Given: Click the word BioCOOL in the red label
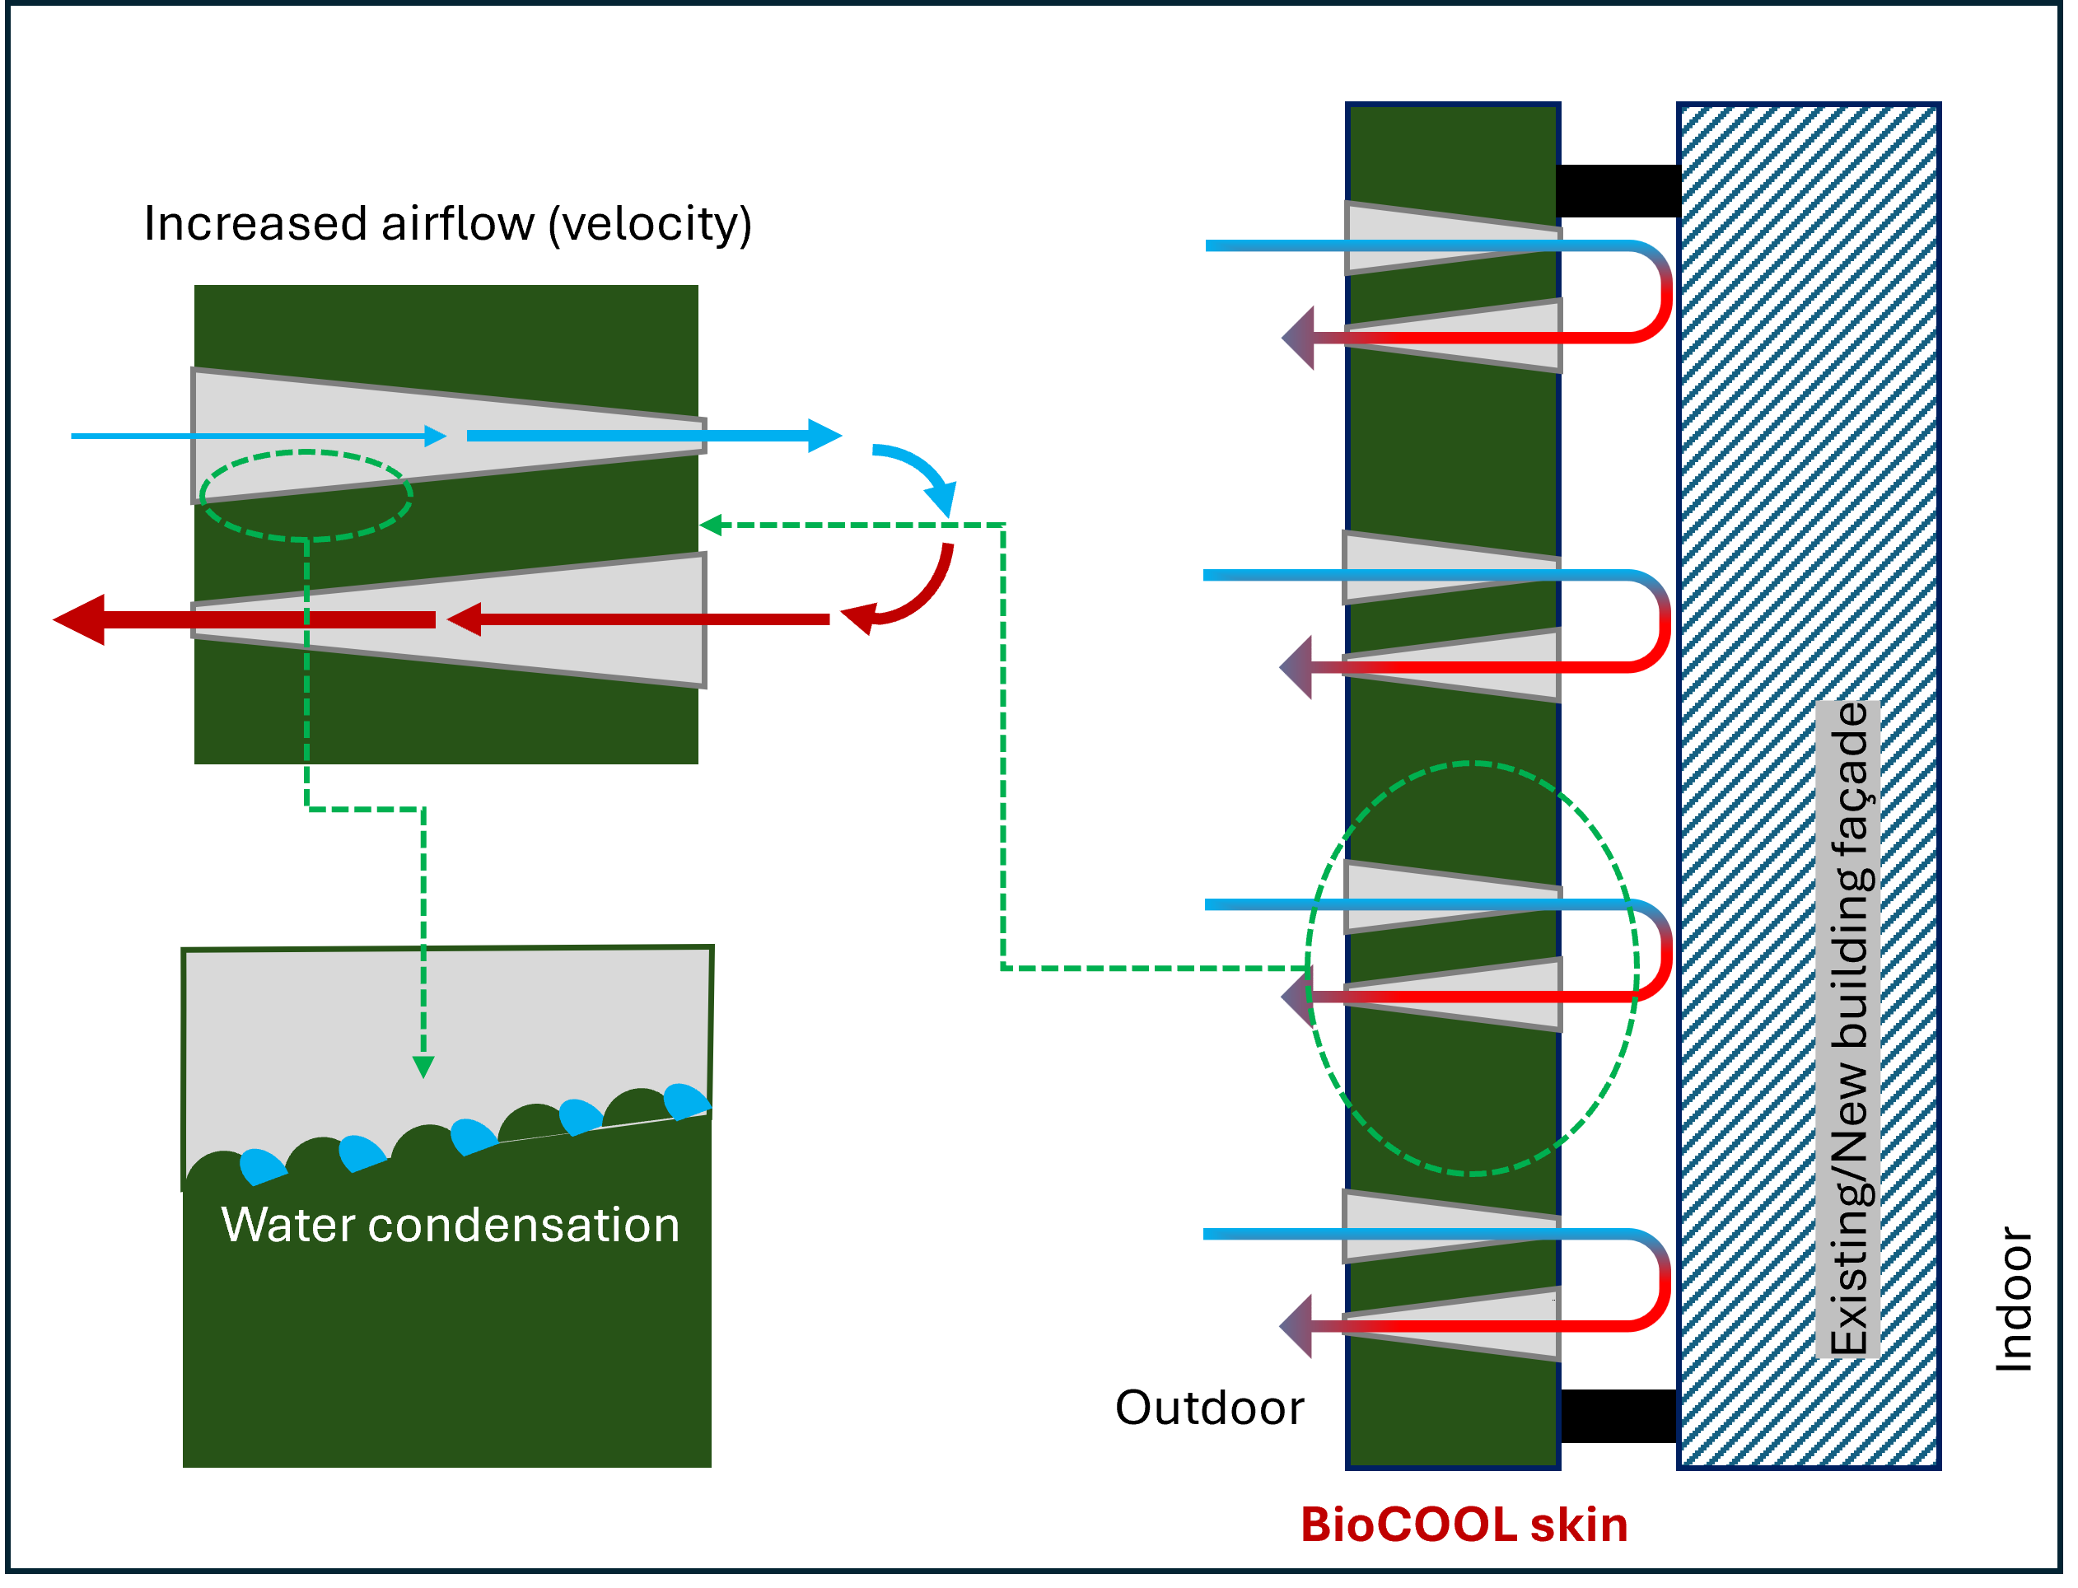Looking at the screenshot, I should click(1409, 1525).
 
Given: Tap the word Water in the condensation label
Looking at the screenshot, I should click(287, 1225).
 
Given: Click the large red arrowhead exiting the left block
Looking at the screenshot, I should click(81, 620).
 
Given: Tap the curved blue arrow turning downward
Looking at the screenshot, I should click(922, 473).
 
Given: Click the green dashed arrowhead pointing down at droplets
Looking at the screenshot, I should click(423, 1067).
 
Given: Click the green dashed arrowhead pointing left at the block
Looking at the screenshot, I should click(711, 525).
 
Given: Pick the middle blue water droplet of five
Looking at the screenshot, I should click(472, 1135).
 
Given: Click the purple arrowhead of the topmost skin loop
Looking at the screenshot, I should click(1301, 338).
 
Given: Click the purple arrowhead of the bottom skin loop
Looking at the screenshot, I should click(1297, 1326).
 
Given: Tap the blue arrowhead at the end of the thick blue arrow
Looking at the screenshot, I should click(824, 436).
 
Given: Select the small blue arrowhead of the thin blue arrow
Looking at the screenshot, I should click(435, 436).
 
